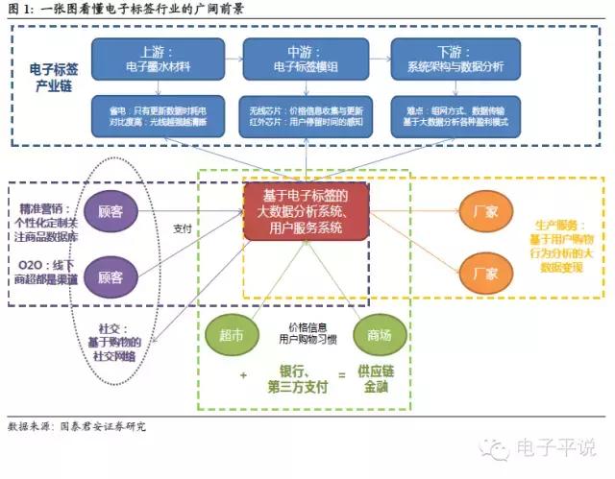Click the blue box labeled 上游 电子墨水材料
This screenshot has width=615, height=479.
click(160, 60)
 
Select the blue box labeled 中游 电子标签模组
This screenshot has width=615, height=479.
click(305, 60)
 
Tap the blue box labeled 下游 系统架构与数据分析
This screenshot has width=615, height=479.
click(455, 60)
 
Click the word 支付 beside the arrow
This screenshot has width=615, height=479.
click(183, 228)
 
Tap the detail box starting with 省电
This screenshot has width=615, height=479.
click(160, 117)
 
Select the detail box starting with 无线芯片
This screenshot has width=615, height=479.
click(305, 117)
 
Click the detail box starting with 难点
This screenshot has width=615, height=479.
click(455, 117)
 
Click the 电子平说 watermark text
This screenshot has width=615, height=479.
click(557, 447)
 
